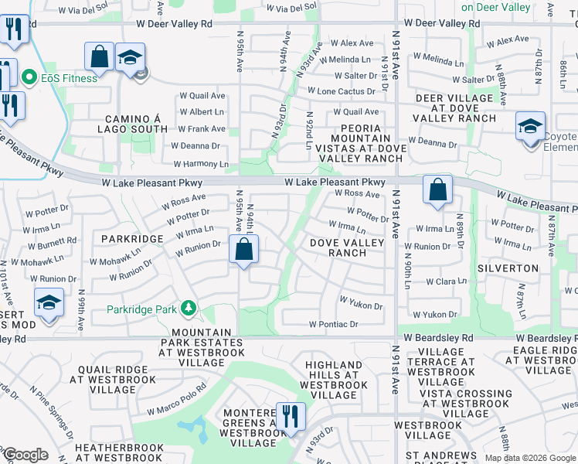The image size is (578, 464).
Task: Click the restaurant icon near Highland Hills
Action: click(x=291, y=417)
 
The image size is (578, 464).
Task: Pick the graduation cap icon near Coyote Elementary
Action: click(x=530, y=126)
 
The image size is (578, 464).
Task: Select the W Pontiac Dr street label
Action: click(x=333, y=325)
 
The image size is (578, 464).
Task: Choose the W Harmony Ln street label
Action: click(x=201, y=164)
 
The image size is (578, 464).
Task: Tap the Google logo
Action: click(x=25, y=455)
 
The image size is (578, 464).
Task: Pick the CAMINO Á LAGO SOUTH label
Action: click(x=132, y=124)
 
